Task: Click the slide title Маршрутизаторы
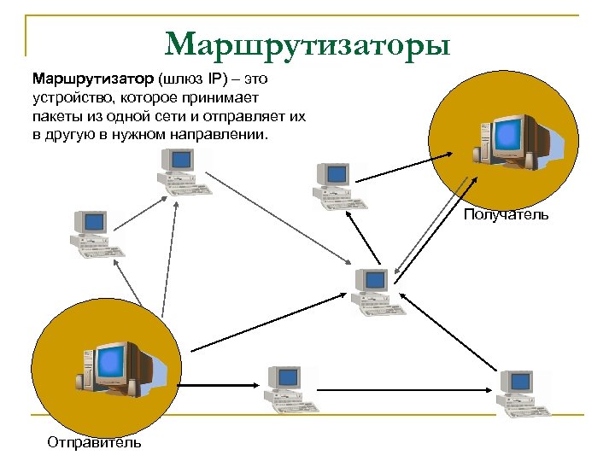pos(307,44)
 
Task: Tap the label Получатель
pos(506,215)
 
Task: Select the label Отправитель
pos(94,441)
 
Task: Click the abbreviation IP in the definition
pos(208,79)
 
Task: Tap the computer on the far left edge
pos(95,233)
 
